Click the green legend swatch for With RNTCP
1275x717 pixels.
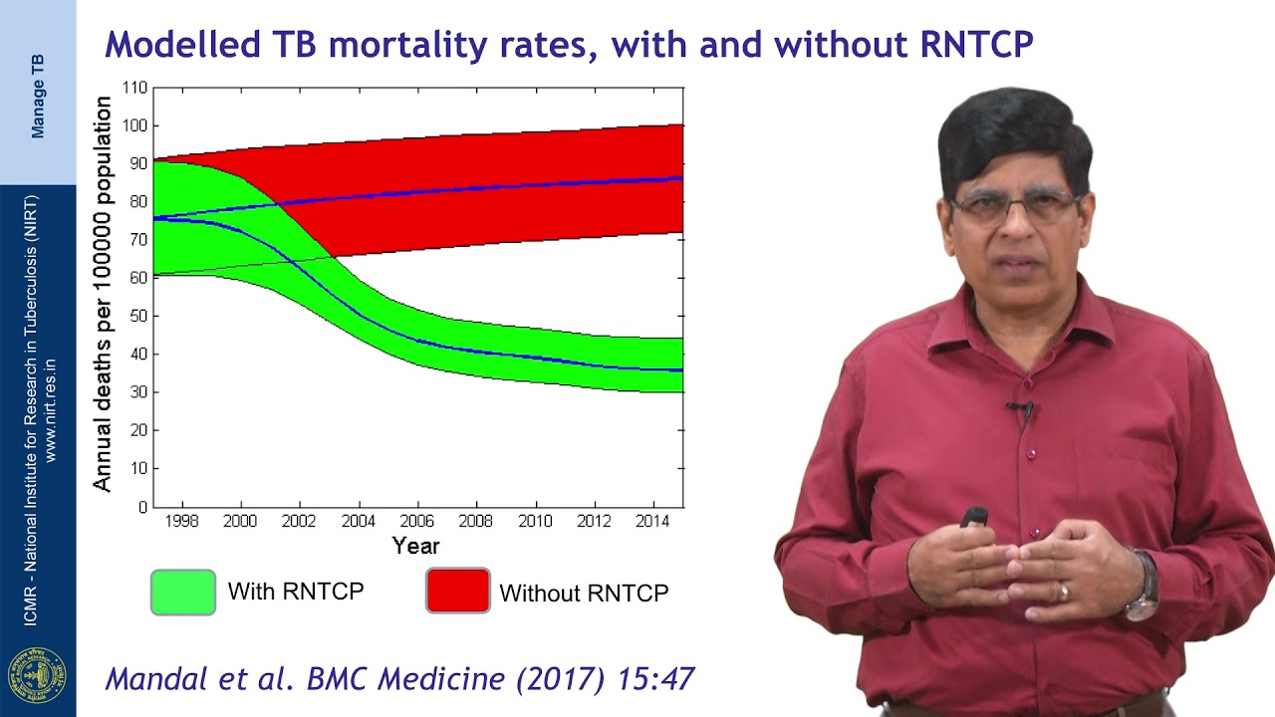[x=183, y=592]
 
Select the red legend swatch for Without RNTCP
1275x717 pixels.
[x=458, y=591]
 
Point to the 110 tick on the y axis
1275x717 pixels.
[x=134, y=88]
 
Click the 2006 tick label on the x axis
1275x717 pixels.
[x=417, y=521]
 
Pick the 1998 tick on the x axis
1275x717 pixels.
[x=182, y=521]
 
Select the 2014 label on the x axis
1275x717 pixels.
[x=652, y=521]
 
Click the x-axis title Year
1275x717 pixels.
[x=415, y=546]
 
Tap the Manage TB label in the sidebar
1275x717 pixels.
[x=38, y=96]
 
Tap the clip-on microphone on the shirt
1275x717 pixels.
[x=1020, y=409]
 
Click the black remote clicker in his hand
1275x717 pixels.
[x=973, y=517]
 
